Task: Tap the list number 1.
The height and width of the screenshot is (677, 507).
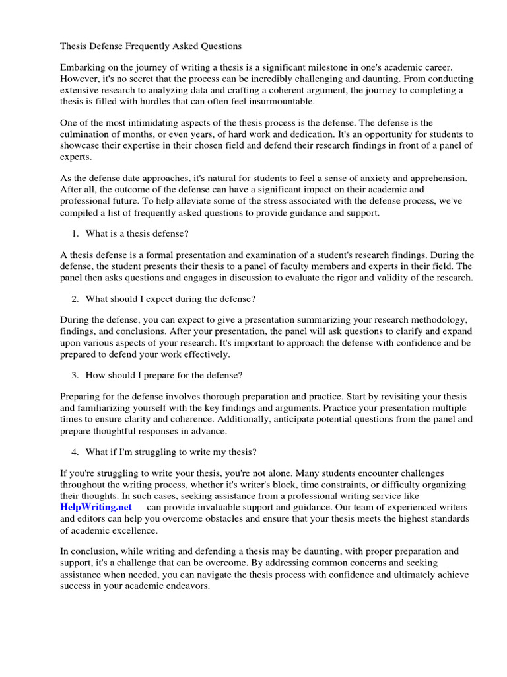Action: pos(73,233)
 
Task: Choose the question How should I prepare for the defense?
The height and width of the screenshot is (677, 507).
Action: pos(164,375)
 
